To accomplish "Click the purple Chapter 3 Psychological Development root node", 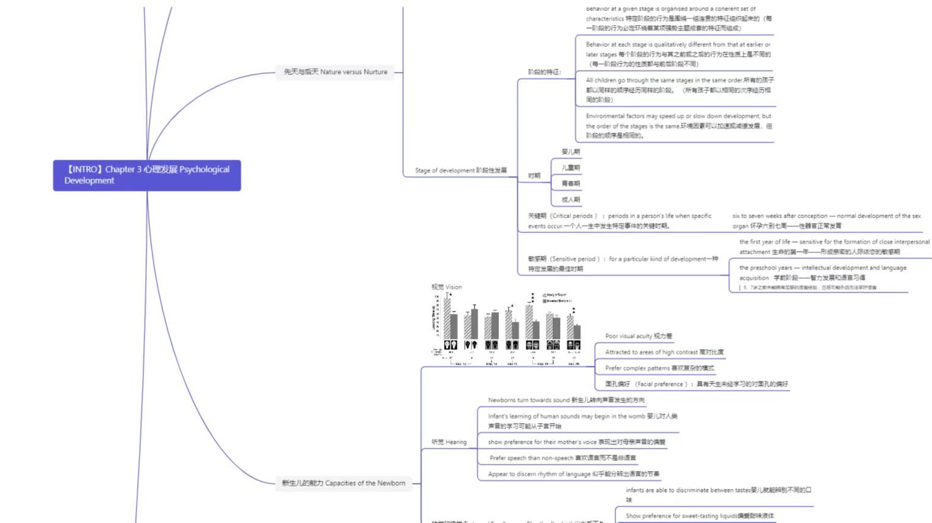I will [x=146, y=175].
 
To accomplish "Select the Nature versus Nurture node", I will [x=335, y=72].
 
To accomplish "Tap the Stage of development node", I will [x=461, y=171].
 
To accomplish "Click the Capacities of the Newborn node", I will [x=343, y=483].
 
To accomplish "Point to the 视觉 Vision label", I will [x=446, y=287].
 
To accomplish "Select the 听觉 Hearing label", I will [x=449, y=442].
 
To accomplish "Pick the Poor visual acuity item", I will [x=639, y=336].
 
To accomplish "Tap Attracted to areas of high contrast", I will [x=664, y=352].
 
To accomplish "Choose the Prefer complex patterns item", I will [x=659, y=368].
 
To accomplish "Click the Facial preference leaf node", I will [x=697, y=384].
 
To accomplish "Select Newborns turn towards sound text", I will [x=566, y=400].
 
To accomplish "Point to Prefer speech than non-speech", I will [x=562, y=458].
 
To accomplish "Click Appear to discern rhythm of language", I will [x=573, y=474].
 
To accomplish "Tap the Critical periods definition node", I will [x=620, y=221].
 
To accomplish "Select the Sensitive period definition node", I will [x=623, y=263].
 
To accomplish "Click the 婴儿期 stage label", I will [x=571, y=152].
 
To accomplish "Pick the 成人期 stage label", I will [x=571, y=199].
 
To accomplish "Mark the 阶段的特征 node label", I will [x=544, y=72].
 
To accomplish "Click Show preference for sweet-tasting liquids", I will [x=700, y=516].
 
